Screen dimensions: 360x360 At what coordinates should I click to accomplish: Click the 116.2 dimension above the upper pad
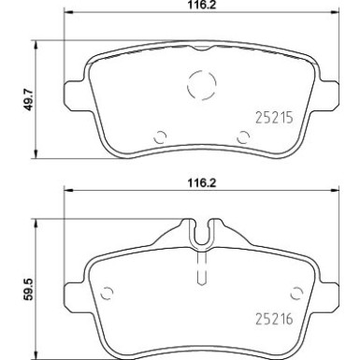pos(202,5)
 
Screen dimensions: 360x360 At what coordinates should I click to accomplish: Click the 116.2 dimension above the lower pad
pos(202,182)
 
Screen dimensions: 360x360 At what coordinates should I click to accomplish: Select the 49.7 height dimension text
pos(28,99)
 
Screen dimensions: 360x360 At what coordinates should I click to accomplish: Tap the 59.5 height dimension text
pos(28,289)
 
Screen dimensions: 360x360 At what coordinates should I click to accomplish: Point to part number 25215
pos(274,118)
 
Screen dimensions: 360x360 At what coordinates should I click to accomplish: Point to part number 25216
pos(274,319)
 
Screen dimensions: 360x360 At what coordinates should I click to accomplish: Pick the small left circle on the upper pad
pos(155,137)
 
